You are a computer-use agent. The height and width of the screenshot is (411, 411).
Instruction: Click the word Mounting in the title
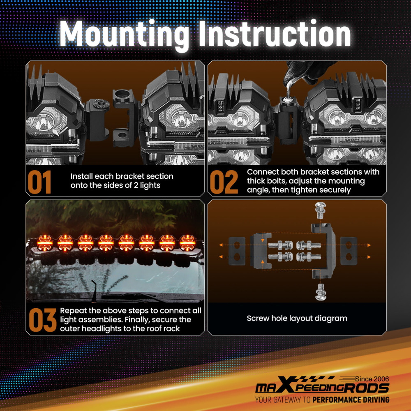(x=125, y=34)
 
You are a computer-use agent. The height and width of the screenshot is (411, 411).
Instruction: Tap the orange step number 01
(x=39, y=182)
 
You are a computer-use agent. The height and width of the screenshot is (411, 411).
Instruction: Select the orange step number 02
(x=224, y=182)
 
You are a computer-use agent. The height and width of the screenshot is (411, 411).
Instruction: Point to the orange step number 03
(x=42, y=320)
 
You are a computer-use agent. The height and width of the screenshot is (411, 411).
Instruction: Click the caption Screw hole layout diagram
(x=297, y=318)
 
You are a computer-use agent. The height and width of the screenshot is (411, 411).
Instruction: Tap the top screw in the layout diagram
(x=320, y=210)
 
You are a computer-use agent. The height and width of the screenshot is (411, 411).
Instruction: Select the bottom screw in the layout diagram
(x=321, y=292)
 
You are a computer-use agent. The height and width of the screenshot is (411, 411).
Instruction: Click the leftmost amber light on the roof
(x=45, y=243)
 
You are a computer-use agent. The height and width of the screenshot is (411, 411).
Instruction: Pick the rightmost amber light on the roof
(x=187, y=243)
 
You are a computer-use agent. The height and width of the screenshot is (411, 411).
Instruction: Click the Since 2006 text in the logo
(x=372, y=379)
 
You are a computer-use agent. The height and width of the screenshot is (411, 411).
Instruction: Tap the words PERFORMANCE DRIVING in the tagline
(x=351, y=400)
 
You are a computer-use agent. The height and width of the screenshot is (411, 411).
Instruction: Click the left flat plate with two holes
(x=237, y=251)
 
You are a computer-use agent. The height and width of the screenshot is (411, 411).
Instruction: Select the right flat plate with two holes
(x=349, y=251)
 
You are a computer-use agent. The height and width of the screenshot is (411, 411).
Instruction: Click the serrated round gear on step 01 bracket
(x=101, y=104)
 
